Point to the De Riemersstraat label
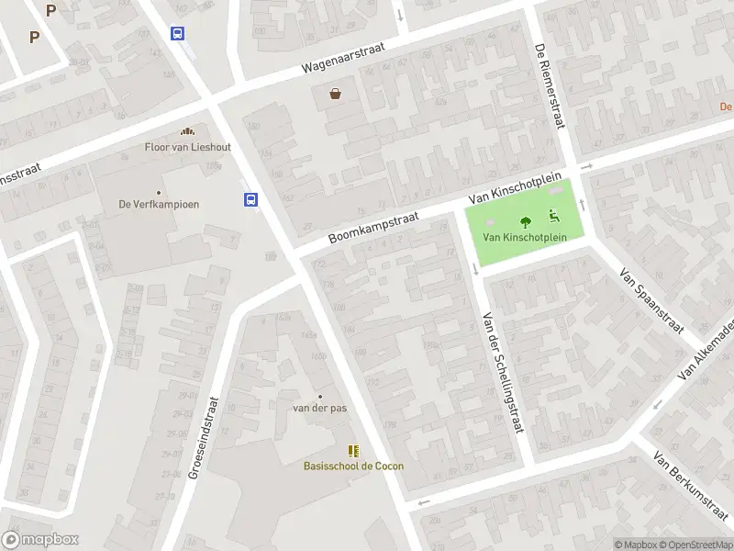pos(550,87)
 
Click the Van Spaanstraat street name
pos(652,301)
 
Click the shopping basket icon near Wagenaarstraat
pos(337,93)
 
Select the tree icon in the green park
pos(526,221)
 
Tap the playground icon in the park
pos(553,217)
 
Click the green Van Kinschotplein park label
pos(525,237)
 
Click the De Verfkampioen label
pos(159,204)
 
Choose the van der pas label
pos(319,408)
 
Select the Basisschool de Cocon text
pos(353,466)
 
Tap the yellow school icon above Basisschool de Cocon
pos(353,450)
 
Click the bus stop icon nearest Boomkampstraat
pos(250,198)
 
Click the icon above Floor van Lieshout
pos(187,131)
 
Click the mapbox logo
pos(39,540)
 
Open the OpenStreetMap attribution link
pos(696,545)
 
